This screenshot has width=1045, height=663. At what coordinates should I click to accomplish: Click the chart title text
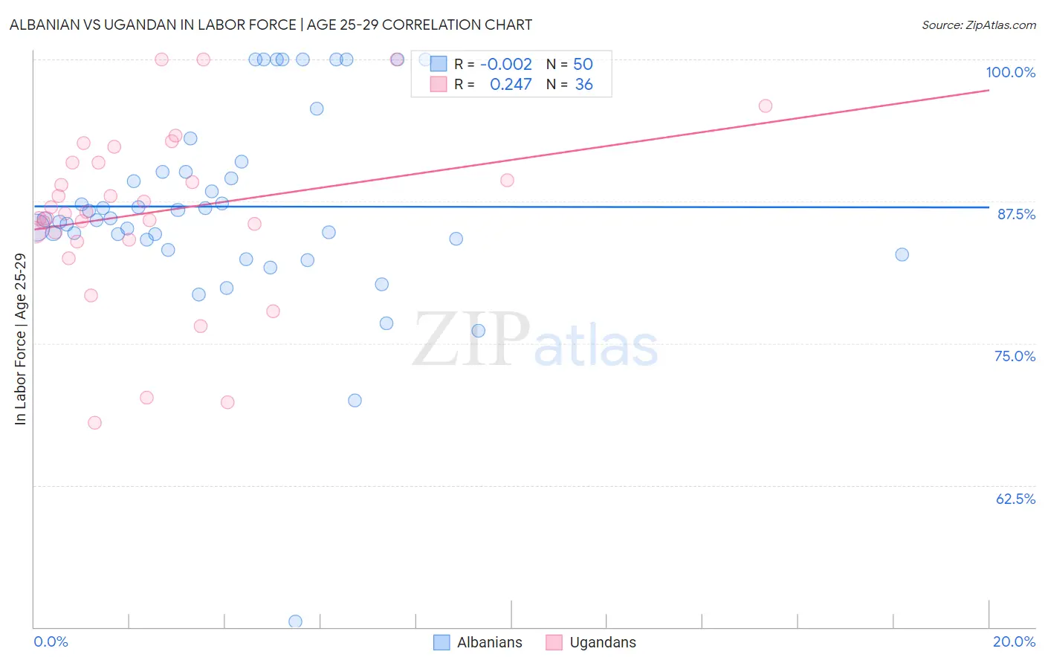[x=271, y=25]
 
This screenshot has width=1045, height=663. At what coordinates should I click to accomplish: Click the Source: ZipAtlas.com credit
[x=978, y=25]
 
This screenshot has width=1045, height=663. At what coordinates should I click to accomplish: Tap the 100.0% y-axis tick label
[x=1010, y=72]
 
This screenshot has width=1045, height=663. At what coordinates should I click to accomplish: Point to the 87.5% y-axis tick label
[x=1015, y=214]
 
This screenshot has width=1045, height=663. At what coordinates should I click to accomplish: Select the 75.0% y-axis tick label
[x=1015, y=356]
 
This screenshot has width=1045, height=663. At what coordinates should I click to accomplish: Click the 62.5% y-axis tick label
[x=1015, y=499]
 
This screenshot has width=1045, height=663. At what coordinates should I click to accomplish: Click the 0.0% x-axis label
[x=51, y=641]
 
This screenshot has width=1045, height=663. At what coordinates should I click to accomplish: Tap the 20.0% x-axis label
[x=1014, y=641]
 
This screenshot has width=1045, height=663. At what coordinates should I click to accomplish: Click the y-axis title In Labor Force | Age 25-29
[x=20, y=339]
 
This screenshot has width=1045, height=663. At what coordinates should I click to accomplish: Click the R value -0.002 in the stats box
[x=505, y=65]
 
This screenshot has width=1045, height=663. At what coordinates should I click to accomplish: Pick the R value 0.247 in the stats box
[x=511, y=85]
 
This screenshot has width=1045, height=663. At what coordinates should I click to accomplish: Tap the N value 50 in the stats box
[x=583, y=65]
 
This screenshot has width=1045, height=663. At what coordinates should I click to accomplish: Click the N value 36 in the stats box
[x=583, y=85]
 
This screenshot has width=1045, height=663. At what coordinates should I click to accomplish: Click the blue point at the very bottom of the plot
[x=295, y=621]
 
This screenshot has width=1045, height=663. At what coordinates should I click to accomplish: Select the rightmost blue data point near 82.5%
[x=902, y=254]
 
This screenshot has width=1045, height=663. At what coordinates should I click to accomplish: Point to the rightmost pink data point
[x=766, y=106]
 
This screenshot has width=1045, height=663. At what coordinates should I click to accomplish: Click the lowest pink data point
[x=94, y=422]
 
